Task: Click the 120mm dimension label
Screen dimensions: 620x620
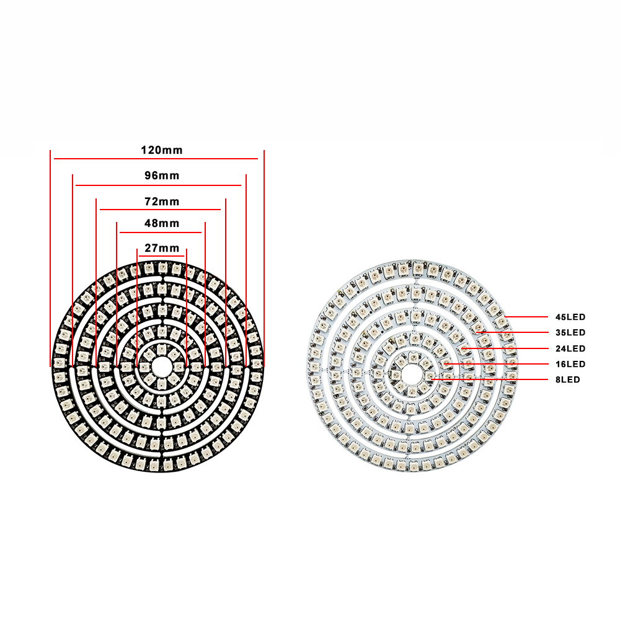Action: click(x=161, y=150)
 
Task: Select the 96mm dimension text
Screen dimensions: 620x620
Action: click(x=161, y=175)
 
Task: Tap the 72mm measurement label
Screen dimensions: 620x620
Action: click(x=161, y=201)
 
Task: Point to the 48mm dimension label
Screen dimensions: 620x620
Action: click(x=161, y=223)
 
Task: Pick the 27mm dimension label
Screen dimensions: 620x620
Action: click(x=161, y=248)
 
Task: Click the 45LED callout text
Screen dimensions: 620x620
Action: click(x=570, y=317)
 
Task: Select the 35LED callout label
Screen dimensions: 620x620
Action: click(x=570, y=333)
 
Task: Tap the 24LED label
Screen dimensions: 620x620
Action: click(x=570, y=348)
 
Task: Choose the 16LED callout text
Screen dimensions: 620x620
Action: click(x=570, y=364)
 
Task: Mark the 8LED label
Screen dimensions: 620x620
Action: click(x=568, y=379)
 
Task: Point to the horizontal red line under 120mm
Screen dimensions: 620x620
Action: click(x=156, y=159)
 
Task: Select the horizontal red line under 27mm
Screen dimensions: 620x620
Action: click(x=161, y=255)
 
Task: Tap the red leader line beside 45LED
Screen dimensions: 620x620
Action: click(x=527, y=317)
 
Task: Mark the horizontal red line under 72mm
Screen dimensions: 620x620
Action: click(x=160, y=210)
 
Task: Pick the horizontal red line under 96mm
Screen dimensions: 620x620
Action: click(x=158, y=185)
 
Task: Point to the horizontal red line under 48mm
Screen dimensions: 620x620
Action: click(x=161, y=232)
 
